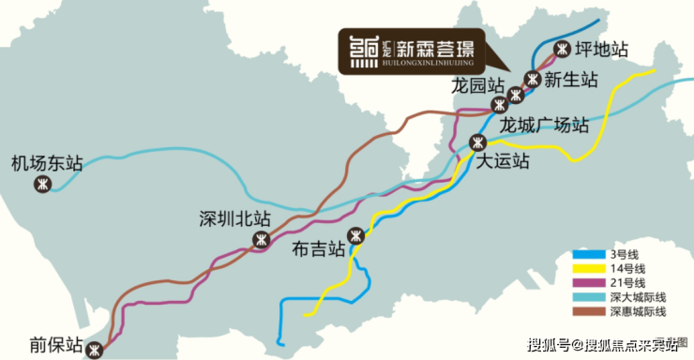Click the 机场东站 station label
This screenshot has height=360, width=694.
tap(47, 163)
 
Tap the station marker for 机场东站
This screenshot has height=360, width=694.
tap(42, 184)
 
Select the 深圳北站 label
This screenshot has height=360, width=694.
tap(234, 218)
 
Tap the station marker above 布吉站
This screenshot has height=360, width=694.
tap(355, 235)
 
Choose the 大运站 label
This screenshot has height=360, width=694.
tap(503, 161)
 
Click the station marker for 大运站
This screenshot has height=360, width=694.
tap(477, 142)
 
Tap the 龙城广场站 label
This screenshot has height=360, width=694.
tap(544, 125)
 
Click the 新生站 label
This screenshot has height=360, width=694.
tap(570, 80)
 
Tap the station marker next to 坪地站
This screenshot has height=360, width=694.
tap(562, 49)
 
